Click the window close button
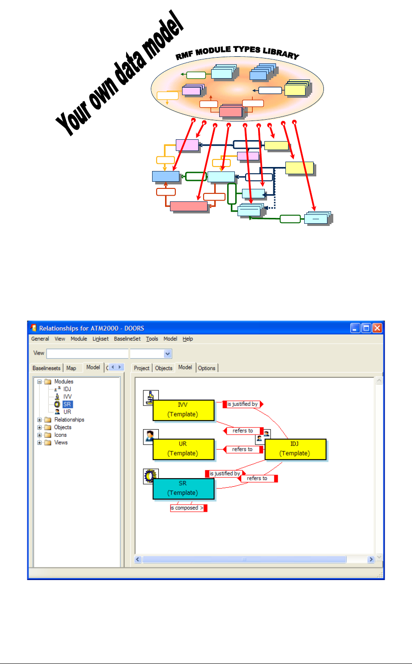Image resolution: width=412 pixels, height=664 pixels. (x=377, y=328)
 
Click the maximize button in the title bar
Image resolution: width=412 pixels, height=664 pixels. (x=366, y=328)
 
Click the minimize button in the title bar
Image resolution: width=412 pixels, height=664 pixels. (x=356, y=328)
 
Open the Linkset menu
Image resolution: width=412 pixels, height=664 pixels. (x=101, y=339)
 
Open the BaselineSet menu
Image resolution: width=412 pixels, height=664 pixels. (x=127, y=339)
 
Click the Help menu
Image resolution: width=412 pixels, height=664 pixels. (x=188, y=339)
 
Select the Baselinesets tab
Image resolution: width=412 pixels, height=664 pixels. (x=47, y=368)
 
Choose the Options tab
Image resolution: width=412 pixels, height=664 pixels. (x=207, y=368)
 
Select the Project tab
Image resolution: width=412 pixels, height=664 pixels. (x=142, y=368)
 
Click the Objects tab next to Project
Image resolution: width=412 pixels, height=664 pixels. (x=164, y=368)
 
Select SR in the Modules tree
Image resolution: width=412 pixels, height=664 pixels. (x=67, y=405)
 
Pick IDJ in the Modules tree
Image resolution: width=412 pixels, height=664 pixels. (x=67, y=389)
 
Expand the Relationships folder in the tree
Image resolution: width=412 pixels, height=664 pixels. (x=39, y=420)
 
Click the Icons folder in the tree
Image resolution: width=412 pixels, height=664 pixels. (x=60, y=435)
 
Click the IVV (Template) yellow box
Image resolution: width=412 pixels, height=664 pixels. (x=183, y=410)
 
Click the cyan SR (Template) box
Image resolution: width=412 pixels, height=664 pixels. (x=183, y=489)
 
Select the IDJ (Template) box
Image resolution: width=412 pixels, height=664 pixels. (x=295, y=449)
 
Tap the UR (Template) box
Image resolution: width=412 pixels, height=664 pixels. (x=183, y=449)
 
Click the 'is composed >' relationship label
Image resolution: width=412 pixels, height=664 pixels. (x=187, y=508)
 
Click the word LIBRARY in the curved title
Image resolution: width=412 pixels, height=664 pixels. (x=281, y=53)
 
